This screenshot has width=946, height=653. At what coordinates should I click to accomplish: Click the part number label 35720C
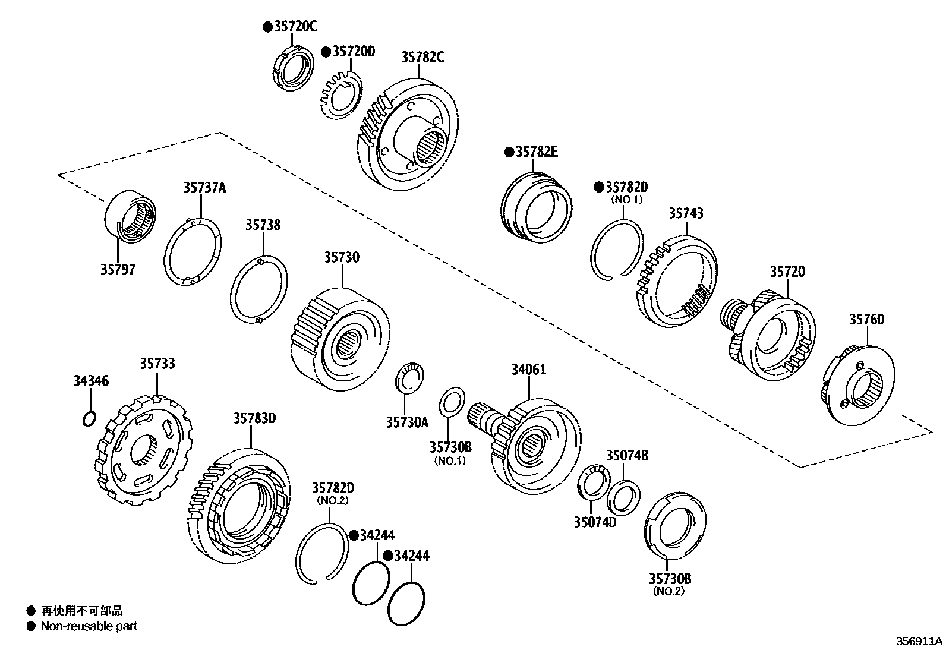click(295, 26)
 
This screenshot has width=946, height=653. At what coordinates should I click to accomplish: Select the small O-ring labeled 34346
click(88, 418)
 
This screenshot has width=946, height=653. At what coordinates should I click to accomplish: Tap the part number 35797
click(118, 269)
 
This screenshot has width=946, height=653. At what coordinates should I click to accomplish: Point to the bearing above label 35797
click(130, 216)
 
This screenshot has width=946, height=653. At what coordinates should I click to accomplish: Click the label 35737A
click(204, 188)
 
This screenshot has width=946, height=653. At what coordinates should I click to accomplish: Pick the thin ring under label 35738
click(259, 291)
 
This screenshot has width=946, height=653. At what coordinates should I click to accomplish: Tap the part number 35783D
click(254, 418)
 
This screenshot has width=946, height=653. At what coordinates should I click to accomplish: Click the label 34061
click(529, 370)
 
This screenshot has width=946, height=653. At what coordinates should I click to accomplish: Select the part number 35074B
click(627, 456)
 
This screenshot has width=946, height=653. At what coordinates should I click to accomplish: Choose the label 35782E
click(537, 152)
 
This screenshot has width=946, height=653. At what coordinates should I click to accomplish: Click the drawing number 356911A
click(919, 642)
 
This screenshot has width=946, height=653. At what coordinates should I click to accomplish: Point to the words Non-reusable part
click(89, 626)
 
